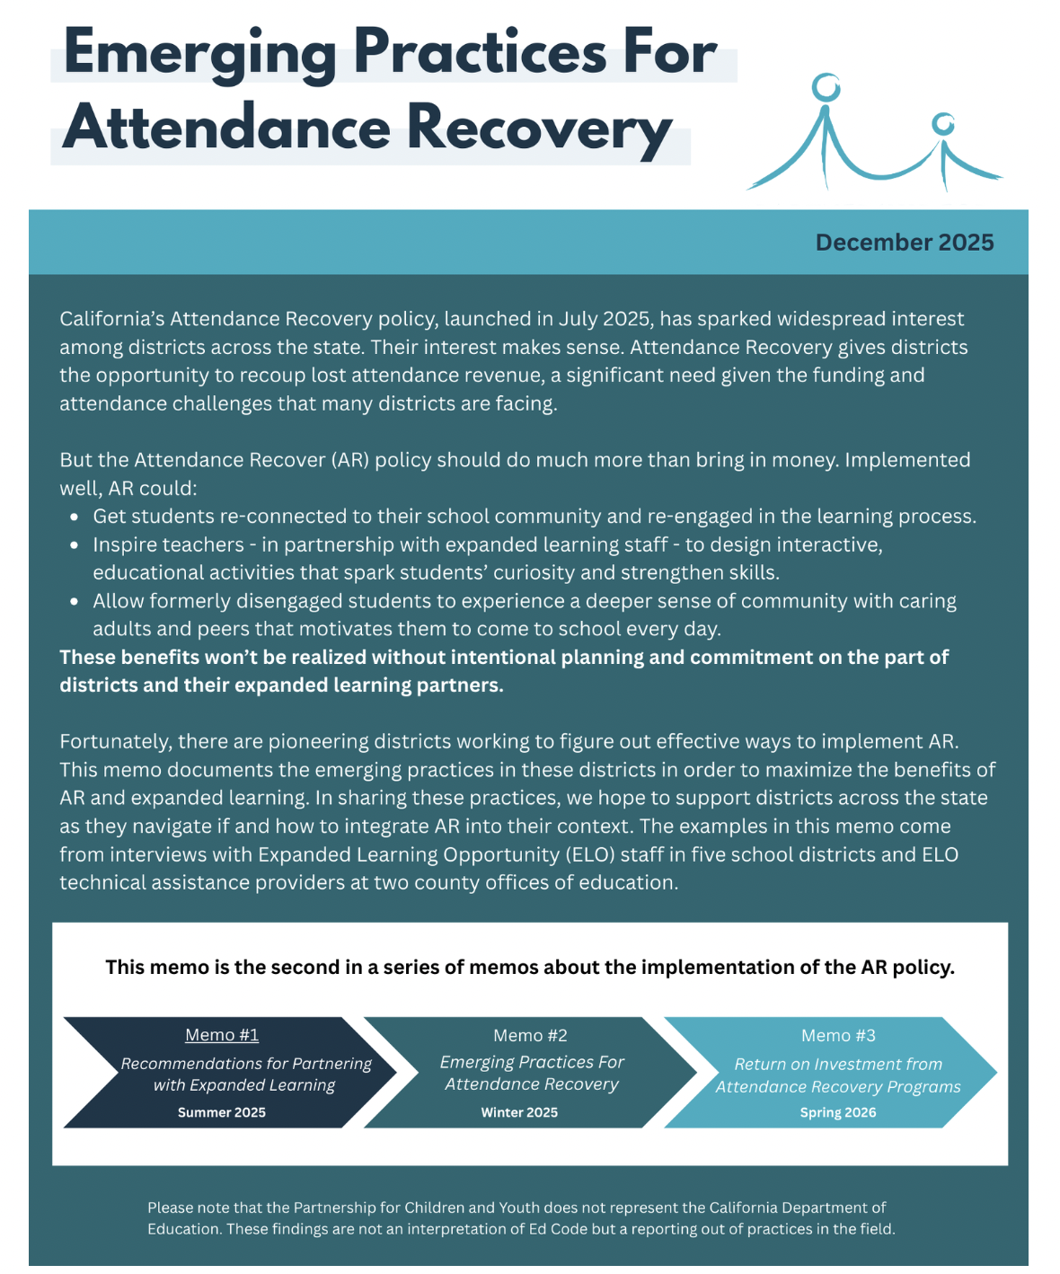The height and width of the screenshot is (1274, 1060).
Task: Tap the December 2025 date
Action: [x=904, y=243]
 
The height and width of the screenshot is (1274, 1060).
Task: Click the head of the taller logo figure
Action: [x=826, y=88]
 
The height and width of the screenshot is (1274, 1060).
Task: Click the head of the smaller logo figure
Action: [x=942, y=123]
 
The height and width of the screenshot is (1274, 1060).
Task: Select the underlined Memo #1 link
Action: [x=222, y=1035]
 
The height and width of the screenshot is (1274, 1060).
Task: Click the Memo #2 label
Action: [x=530, y=1035]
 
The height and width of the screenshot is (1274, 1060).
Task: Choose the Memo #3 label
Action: [x=837, y=1036]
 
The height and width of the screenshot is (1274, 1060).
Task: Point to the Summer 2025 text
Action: [x=222, y=1112]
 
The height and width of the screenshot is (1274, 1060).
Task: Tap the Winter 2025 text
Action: [x=519, y=1112]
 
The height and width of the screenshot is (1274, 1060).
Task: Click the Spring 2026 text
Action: [x=837, y=1112]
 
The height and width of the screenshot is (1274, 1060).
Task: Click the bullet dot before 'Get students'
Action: [x=75, y=518]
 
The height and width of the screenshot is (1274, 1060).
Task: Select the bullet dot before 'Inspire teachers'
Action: [x=75, y=545]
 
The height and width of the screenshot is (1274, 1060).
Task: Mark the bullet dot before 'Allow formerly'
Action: [x=75, y=602]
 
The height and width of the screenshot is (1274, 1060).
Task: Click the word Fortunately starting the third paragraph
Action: [x=114, y=741]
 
